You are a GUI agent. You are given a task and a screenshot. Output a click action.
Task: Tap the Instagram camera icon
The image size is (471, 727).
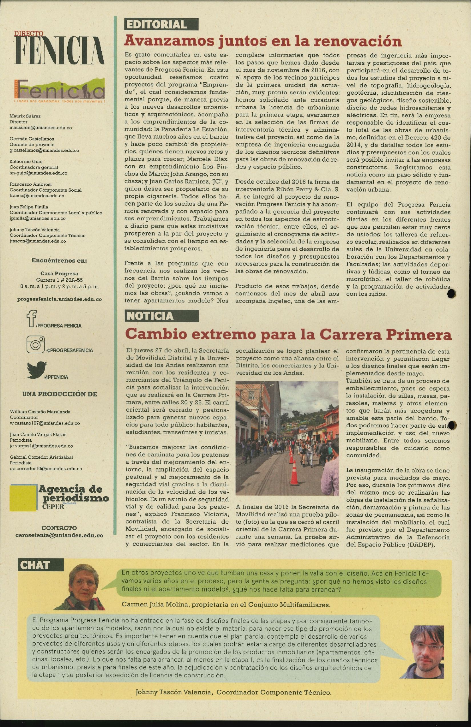pyautogui.click(x=35, y=344)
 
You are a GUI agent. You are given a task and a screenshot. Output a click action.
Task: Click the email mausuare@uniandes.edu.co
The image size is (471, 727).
pyautogui.click(x=41, y=128)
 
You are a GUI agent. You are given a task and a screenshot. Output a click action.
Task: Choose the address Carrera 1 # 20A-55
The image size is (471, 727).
pyautogui.click(x=59, y=280)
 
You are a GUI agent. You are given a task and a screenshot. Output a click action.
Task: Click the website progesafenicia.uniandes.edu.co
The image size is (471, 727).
pyautogui.click(x=59, y=299)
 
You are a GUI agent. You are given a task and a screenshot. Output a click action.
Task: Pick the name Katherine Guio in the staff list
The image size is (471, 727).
pyautogui.click(x=26, y=162)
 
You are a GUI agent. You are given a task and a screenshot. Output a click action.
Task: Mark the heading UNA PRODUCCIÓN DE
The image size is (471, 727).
pyautogui.click(x=59, y=394)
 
